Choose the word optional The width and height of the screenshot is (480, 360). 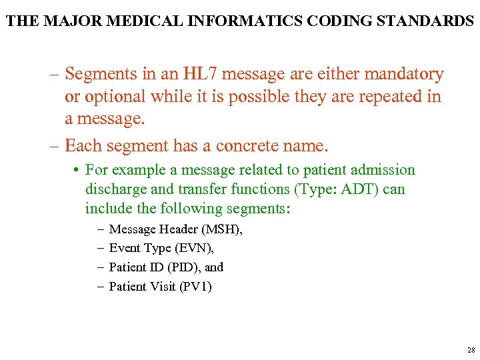pyautogui.click(x=114, y=97)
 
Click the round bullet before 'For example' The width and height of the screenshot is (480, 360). pyautogui.click(x=77, y=171)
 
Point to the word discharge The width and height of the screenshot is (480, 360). pyautogui.click(x=115, y=189)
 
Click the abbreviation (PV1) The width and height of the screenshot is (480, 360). pyautogui.click(x=196, y=287)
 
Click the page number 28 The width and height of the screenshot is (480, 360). pyautogui.click(x=471, y=350)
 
